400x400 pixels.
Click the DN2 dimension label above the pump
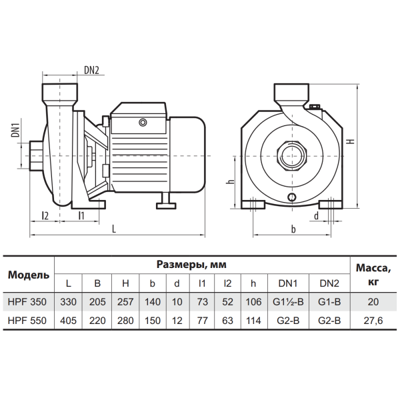point(91,70)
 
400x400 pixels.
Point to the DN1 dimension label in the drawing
point(16,129)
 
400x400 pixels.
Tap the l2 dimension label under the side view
point(45,216)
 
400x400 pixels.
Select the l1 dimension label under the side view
point(81,216)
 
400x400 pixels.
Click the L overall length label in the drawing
point(114,229)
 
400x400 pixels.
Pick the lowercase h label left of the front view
point(231,181)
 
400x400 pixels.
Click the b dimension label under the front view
point(293,229)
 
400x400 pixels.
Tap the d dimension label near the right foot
point(316,216)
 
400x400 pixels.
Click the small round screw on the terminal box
point(143,123)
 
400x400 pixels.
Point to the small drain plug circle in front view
point(292,197)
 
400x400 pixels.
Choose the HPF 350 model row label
point(27,302)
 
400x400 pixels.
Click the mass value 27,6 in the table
point(373,321)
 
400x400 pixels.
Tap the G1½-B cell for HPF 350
point(288,302)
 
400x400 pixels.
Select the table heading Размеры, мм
point(191,265)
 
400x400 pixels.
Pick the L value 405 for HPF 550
point(69,321)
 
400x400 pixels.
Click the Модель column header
point(29,275)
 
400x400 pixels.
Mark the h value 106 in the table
point(253,302)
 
